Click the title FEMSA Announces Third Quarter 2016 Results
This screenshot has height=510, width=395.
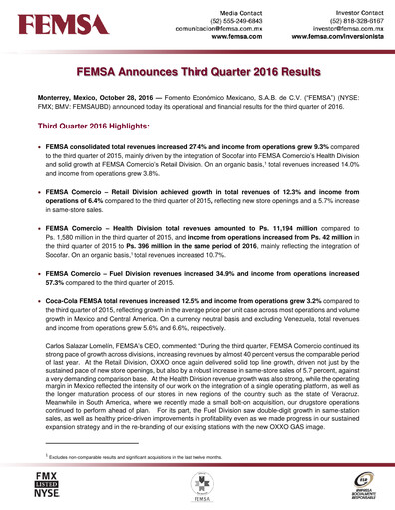[x=197, y=73]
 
